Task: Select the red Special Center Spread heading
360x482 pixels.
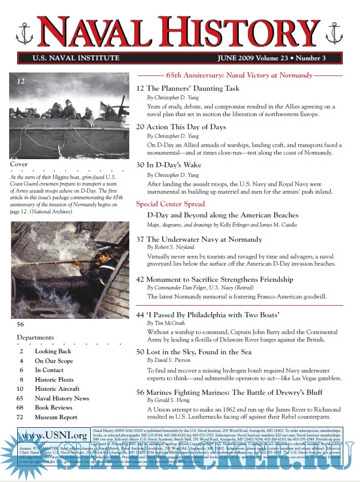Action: [170, 204]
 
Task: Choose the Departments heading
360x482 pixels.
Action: [35, 337]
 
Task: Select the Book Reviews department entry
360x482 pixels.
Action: [53, 407]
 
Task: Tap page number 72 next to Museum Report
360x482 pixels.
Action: [20, 417]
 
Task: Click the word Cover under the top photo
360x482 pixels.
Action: [19, 164]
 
